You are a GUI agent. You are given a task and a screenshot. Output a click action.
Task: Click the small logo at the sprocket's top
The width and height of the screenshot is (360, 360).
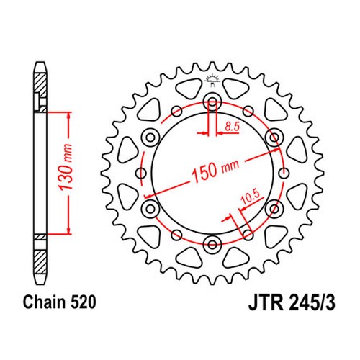212,78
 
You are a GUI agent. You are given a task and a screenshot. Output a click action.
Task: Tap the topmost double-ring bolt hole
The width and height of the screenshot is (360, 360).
212,100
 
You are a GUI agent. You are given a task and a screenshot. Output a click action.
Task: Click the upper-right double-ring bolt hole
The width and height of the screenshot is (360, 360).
274,136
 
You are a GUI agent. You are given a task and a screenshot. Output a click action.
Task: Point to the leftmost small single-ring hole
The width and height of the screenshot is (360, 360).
140,172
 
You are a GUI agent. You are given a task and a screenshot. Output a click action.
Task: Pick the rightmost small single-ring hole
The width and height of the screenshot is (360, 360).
284,172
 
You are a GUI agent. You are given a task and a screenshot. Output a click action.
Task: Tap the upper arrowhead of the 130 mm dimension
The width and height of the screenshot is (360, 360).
68,114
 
